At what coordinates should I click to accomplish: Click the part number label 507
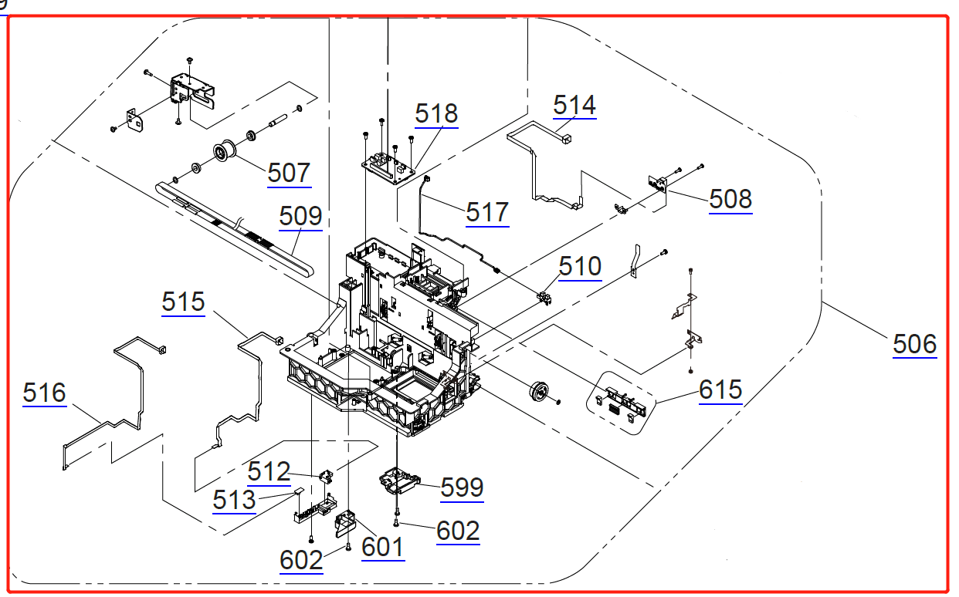pyautogui.click(x=290, y=173)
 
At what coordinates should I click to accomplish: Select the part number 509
pyautogui.click(x=300, y=216)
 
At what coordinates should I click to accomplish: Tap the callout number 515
pyautogui.click(x=184, y=302)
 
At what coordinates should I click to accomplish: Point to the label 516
pyautogui.click(x=44, y=393)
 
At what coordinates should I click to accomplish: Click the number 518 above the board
pyautogui.click(x=436, y=113)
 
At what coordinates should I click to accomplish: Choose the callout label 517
pyautogui.click(x=487, y=212)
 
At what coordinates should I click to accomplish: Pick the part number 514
pyautogui.click(x=574, y=105)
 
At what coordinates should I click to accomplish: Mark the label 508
pyautogui.click(x=730, y=200)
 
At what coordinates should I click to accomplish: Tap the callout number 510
pyautogui.click(x=580, y=267)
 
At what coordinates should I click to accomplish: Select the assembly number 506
pyautogui.click(x=915, y=344)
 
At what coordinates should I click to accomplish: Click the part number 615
pyautogui.click(x=720, y=390)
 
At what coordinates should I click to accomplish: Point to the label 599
pyautogui.click(x=462, y=487)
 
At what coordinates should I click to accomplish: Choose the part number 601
pyautogui.click(x=383, y=547)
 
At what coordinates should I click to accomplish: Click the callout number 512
pyautogui.click(x=269, y=471)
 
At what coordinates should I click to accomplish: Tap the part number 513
pyautogui.click(x=234, y=500)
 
